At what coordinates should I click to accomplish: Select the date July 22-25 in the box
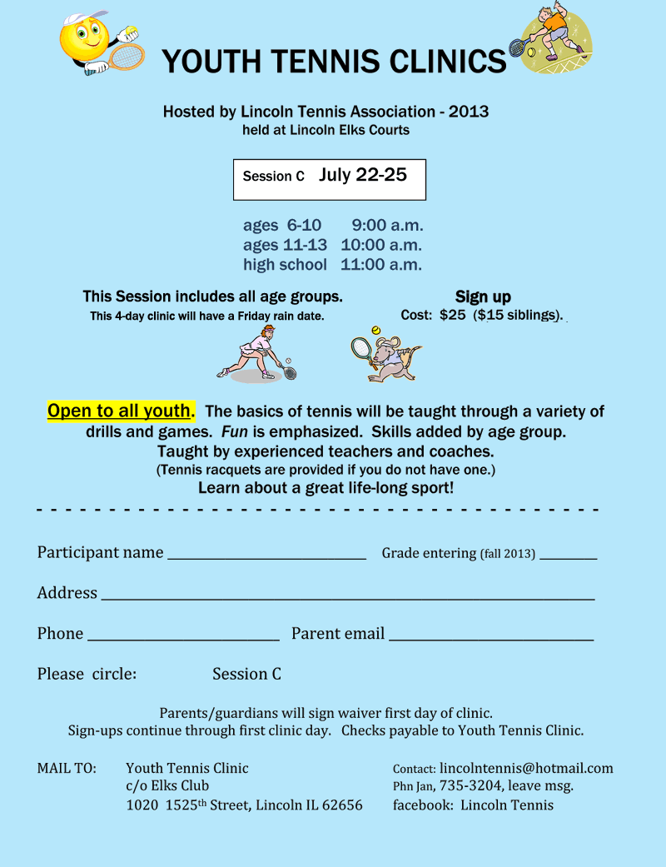[x=362, y=175]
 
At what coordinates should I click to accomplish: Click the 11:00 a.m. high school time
[x=381, y=265]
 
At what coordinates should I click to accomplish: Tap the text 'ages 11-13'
[x=285, y=245]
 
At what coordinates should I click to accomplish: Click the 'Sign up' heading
[x=483, y=296]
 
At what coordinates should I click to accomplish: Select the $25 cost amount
[x=453, y=316]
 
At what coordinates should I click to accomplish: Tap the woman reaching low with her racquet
[x=256, y=354]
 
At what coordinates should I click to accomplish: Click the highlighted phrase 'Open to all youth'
[x=119, y=411]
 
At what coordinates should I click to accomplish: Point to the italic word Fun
[x=233, y=432]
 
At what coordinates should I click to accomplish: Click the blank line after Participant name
[x=266, y=556]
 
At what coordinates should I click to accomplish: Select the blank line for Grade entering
[x=568, y=556]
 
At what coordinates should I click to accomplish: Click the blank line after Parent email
[x=491, y=637]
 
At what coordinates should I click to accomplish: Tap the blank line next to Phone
[x=183, y=637]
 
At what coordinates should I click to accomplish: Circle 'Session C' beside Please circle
[x=246, y=674]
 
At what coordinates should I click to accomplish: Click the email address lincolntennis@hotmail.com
[x=526, y=768]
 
